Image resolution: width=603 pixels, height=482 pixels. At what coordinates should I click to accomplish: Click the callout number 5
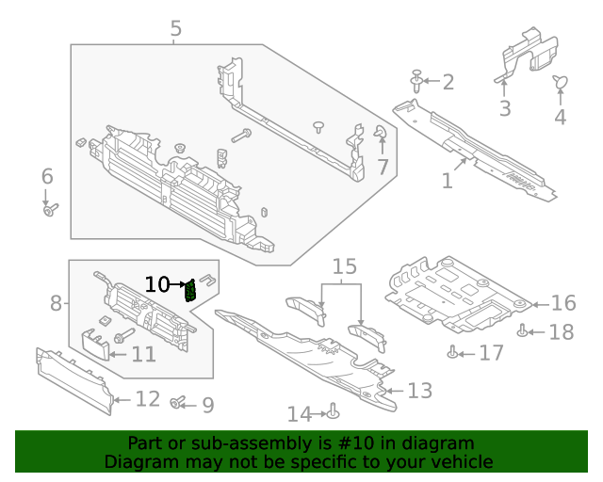click(176, 29)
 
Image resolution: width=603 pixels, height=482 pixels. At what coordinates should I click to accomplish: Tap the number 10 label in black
click(156, 283)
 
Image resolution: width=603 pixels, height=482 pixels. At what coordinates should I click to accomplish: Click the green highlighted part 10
click(191, 289)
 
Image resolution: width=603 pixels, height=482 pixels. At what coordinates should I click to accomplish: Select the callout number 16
click(562, 304)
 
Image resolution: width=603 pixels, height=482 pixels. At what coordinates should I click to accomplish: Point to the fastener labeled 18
click(523, 329)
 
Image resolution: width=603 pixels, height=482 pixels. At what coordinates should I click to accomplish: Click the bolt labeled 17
click(453, 353)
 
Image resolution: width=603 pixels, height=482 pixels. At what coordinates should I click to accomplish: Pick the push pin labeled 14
click(334, 411)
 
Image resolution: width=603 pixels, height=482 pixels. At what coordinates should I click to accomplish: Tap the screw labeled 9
click(176, 403)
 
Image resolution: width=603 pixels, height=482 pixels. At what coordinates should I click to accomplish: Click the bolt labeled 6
click(50, 209)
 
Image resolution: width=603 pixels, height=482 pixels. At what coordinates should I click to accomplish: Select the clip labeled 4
click(560, 85)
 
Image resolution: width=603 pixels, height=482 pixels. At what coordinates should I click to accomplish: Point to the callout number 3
click(505, 108)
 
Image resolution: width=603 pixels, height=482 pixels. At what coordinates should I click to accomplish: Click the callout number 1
click(448, 179)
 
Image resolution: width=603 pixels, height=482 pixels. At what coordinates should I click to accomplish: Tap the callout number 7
click(383, 168)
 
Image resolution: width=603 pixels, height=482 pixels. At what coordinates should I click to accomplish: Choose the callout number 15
click(345, 266)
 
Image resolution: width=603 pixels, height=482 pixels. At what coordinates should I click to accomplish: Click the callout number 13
click(419, 390)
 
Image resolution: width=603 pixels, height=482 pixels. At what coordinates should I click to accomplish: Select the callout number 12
click(147, 399)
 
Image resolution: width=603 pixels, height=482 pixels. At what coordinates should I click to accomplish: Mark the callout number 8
click(56, 303)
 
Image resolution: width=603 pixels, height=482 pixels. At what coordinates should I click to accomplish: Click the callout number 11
click(143, 354)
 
